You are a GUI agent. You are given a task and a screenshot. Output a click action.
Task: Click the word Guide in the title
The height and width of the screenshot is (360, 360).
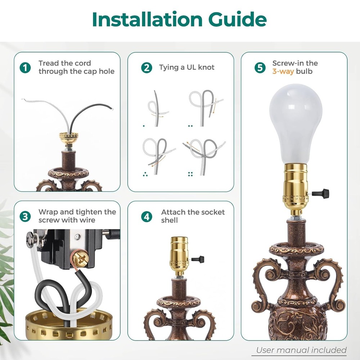(x=236, y=20)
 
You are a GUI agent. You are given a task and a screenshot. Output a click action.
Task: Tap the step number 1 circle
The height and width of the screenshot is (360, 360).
(x=25, y=67)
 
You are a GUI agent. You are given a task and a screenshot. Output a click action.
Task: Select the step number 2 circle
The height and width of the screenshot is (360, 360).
(x=147, y=67)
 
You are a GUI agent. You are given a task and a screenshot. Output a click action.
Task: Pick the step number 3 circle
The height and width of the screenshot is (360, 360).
(x=25, y=216)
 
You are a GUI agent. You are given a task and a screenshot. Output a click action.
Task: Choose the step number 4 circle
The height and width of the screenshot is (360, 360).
(x=147, y=216)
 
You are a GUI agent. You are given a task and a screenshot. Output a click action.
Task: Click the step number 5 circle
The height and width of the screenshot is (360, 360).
(x=260, y=67)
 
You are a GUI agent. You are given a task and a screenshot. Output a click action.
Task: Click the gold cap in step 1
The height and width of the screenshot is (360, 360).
(x=68, y=137)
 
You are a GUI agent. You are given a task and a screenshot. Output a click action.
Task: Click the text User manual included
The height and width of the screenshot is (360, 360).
(x=301, y=350)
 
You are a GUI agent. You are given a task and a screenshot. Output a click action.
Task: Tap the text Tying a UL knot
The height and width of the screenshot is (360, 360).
(x=186, y=67)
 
